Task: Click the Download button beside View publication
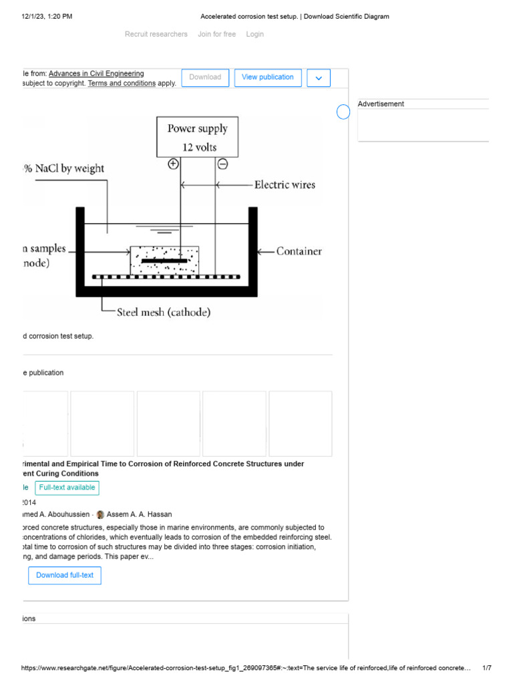click(205, 77)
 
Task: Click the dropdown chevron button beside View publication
click(319, 78)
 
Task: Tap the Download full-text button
click(65, 575)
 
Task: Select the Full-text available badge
click(67, 488)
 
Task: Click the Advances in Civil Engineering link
click(96, 73)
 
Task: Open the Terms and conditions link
click(122, 83)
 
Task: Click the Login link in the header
click(254, 34)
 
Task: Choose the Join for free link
click(216, 34)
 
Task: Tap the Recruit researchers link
click(156, 34)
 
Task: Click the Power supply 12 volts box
click(197, 137)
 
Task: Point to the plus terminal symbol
click(173, 164)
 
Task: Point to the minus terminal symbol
click(222, 164)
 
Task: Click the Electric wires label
click(285, 184)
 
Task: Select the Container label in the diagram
click(299, 251)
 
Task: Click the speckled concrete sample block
click(164, 259)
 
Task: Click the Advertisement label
click(381, 104)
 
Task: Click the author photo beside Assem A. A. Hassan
click(100, 514)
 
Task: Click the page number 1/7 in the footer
click(486, 668)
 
